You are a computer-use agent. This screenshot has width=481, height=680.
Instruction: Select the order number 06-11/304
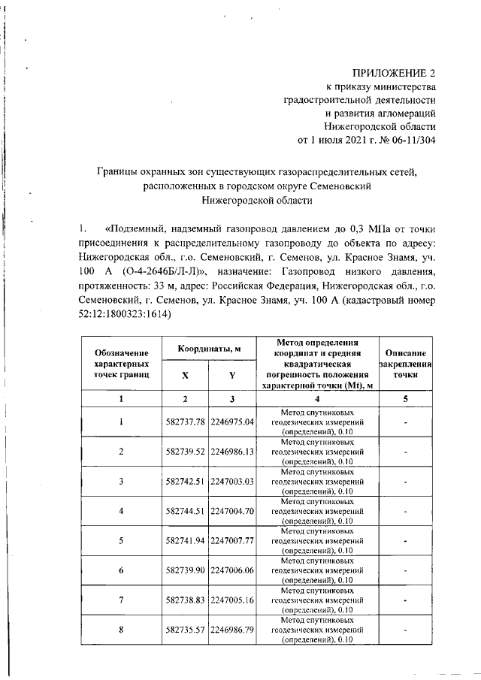click(x=408, y=140)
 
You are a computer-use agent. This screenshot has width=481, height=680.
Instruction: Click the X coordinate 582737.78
click(x=185, y=422)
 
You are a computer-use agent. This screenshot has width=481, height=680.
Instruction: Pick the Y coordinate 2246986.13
click(x=233, y=452)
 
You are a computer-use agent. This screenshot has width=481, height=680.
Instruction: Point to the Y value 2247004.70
click(x=233, y=510)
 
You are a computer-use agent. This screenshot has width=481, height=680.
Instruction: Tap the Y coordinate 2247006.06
click(x=233, y=570)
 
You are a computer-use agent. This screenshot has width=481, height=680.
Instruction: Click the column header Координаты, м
click(x=209, y=349)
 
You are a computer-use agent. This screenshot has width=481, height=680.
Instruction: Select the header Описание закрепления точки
click(x=405, y=363)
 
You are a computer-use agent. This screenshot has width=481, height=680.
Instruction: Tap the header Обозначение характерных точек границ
click(x=121, y=363)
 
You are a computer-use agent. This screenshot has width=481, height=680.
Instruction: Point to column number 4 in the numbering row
click(x=317, y=398)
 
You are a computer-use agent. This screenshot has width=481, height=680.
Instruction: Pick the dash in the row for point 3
click(x=405, y=481)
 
